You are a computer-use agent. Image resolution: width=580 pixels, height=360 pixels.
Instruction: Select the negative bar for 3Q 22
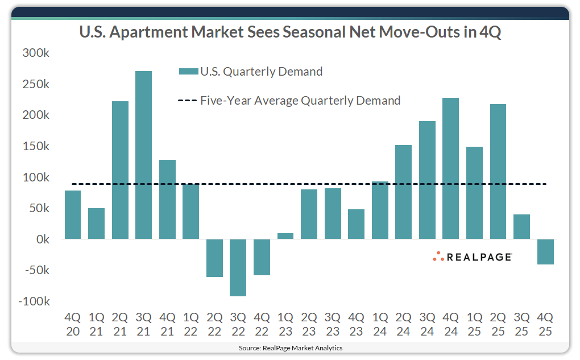coord(238,267)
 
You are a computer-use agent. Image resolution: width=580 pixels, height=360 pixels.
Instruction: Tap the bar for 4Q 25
coord(545,251)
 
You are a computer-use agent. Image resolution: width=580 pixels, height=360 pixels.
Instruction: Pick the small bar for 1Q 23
coord(285,236)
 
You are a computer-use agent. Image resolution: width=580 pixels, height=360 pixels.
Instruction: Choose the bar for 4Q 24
coord(450,168)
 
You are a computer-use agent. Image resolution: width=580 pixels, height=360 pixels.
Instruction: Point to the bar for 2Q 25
coord(498,171)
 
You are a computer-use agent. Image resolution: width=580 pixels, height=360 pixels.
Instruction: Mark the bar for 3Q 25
coord(521,226)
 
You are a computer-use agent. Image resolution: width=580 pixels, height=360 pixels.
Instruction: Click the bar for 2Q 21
coord(120,170)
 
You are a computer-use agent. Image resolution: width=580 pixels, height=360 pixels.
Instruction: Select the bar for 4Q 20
coord(73,214)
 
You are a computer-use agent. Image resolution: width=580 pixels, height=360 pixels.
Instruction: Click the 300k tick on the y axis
coord(36,53)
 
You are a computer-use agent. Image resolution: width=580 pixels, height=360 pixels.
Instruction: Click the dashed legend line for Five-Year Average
coord(188,101)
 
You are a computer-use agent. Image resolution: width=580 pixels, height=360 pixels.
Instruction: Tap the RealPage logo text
coord(479,257)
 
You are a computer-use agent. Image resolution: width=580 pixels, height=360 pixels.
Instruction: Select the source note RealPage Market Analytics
coord(290,347)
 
